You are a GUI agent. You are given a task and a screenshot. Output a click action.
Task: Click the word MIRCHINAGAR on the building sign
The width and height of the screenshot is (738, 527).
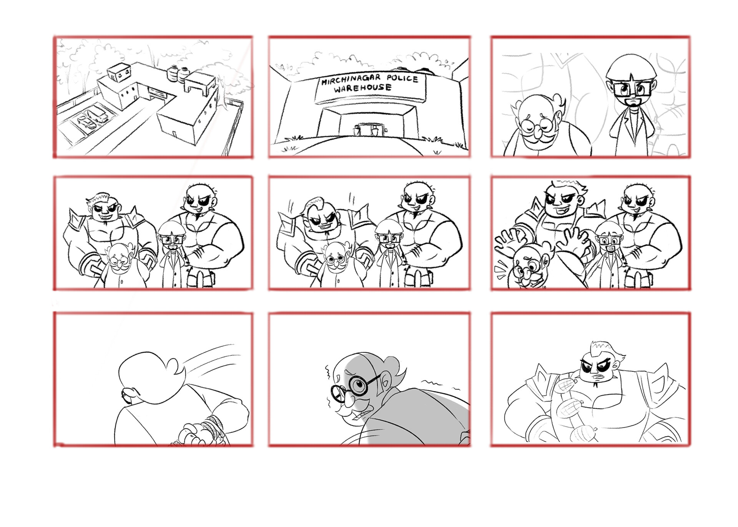click(x=351, y=80)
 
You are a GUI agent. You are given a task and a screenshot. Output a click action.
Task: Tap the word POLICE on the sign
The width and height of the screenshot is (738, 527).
click(x=402, y=78)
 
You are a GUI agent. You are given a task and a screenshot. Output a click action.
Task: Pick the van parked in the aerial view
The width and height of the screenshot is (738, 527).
click(x=97, y=115)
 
